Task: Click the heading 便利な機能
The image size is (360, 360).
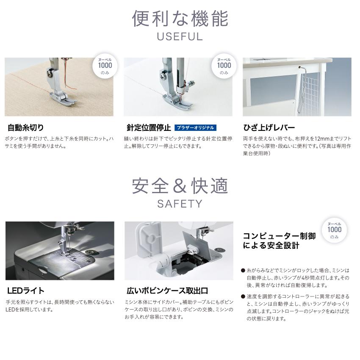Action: point(180,19)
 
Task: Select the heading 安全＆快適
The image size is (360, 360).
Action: point(180,186)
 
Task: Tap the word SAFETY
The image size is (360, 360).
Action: point(180,204)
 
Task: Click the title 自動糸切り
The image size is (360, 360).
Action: point(26,127)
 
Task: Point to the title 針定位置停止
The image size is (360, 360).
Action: point(149,127)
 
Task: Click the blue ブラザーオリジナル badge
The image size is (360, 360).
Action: point(195,127)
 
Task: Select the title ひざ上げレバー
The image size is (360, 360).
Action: point(269,127)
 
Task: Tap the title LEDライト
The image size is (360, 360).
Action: point(26,291)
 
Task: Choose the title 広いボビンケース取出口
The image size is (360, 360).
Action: point(167,291)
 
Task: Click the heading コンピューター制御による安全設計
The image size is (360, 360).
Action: point(279,241)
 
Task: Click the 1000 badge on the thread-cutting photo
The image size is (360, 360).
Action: point(105,66)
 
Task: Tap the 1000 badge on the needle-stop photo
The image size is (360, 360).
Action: point(224,66)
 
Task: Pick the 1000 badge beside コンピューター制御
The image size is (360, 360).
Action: point(334,230)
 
